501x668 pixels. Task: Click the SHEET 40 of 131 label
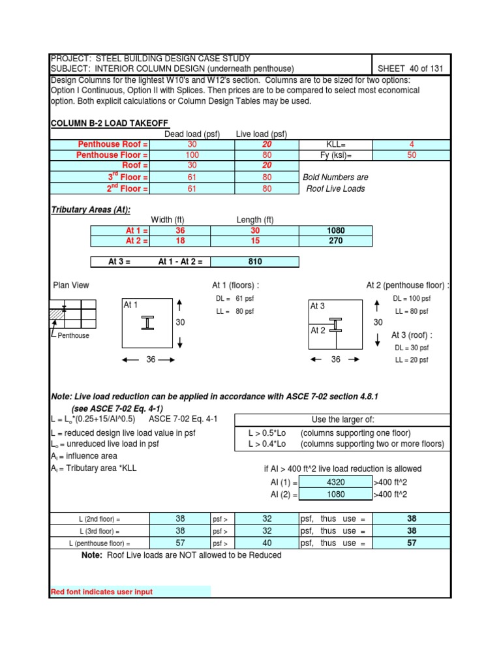coord(413,69)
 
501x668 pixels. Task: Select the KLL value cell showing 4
coord(411,144)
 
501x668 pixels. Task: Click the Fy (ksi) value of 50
coord(411,155)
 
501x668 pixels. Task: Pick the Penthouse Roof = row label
coord(113,144)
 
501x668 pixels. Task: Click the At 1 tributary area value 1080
coord(335,230)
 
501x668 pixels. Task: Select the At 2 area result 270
coord(335,241)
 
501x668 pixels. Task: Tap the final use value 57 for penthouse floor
coord(411,543)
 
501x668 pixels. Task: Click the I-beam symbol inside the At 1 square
coord(149,323)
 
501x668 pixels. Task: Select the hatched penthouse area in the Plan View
coord(57,315)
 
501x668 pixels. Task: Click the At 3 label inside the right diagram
coord(318,306)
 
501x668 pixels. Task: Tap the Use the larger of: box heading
coord(342,418)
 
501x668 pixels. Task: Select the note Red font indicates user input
coord(102,592)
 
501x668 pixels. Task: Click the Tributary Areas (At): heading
coord(90,209)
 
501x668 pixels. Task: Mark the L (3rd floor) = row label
coord(100,531)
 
